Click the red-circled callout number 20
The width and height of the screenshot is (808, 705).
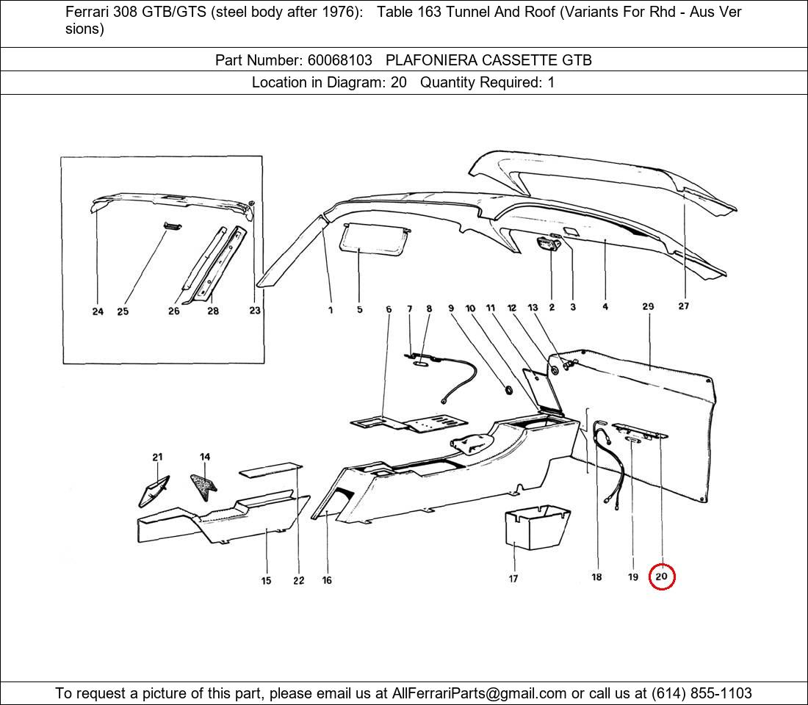click(x=661, y=576)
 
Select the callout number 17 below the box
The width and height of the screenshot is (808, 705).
click(x=513, y=579)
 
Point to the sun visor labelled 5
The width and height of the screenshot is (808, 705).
click(x=374, y=238)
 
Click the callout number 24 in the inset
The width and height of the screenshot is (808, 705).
click(x=98, y=311)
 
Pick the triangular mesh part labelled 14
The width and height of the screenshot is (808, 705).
click(x=203, y=483)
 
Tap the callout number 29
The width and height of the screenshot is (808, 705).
click(x=648, y=306)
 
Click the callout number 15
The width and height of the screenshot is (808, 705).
click(x=266, y=581)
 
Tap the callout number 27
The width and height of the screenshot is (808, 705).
click(x=683, y=306)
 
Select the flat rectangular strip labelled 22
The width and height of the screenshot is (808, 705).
click(x=271, y=468)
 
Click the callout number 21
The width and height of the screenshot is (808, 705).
click(x=157, y=457)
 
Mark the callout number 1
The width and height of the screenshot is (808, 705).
click(x=331, y=310)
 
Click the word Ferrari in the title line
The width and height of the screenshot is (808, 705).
click(x=88, y=12)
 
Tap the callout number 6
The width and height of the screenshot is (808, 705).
click(x=389, y=309)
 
